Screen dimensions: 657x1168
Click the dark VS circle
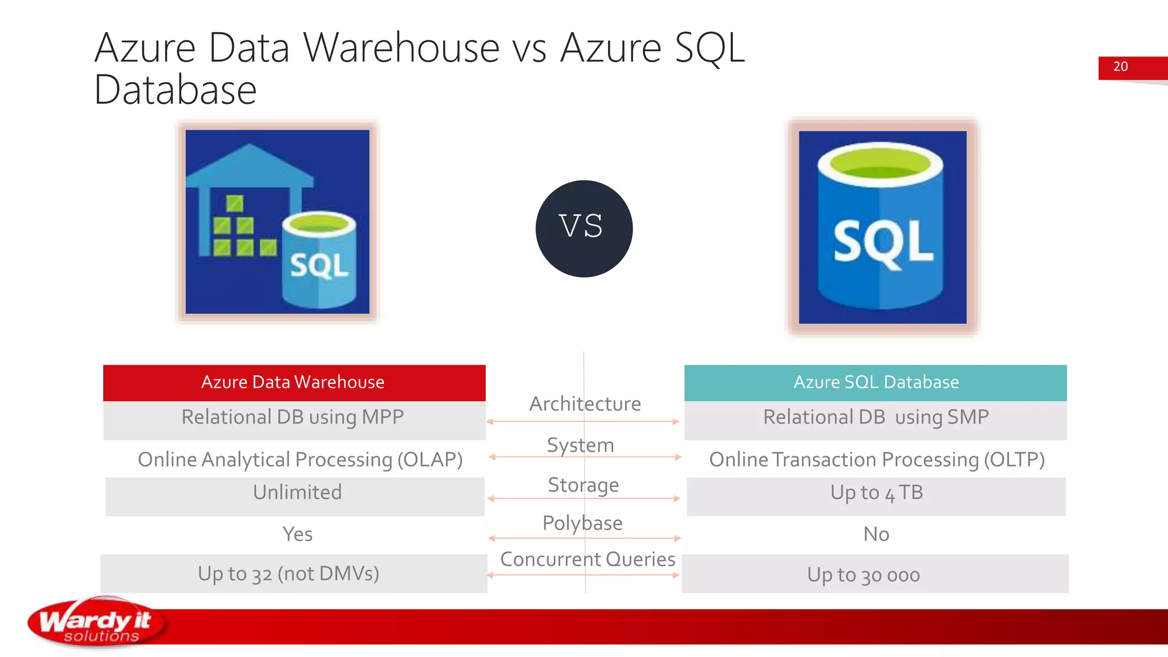584,229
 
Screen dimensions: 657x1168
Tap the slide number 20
1120,67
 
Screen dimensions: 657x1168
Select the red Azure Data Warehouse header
294,382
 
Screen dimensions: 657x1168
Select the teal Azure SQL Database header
875,382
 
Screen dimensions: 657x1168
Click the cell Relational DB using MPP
293,417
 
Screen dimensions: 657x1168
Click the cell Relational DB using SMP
875,417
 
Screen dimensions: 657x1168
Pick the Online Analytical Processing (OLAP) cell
300,460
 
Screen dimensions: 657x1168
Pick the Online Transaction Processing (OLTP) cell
877,460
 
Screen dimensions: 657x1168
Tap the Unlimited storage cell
297,493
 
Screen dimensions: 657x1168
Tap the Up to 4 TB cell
876,493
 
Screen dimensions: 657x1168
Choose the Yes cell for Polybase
297,534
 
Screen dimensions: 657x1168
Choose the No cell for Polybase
876,534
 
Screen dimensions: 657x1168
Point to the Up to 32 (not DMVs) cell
289,574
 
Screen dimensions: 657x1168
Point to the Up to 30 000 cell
863,575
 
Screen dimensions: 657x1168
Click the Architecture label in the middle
585,404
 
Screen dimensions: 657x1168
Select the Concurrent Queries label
587,559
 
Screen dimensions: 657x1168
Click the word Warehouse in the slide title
401,48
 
